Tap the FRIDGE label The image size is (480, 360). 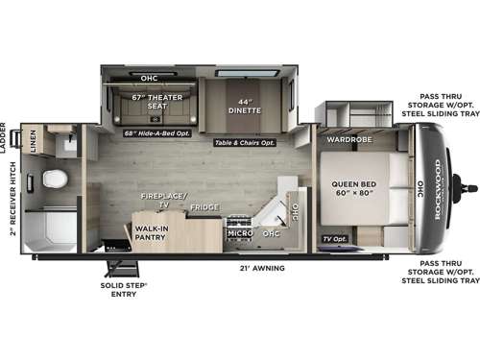[x=203, y=207]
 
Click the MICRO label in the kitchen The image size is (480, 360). [x=238, y=232]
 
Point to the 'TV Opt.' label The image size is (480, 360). [x=335, y=236]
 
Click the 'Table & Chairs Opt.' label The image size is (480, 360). [x=245, y=142]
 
